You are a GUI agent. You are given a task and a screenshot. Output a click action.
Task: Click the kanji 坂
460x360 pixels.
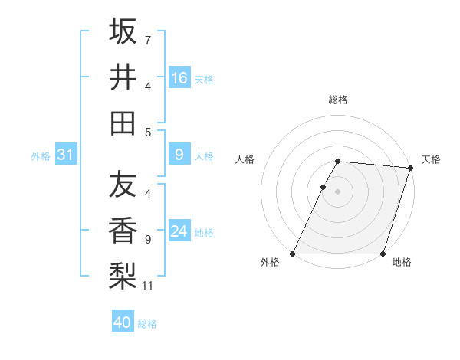click(x=123, y=31)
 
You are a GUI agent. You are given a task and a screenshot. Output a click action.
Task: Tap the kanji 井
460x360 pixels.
click(x=123, y=77)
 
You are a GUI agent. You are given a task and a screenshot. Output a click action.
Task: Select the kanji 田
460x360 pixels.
click(x=123, y=123)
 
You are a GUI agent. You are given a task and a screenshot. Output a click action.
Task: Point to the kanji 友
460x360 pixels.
click(x=123, y=185)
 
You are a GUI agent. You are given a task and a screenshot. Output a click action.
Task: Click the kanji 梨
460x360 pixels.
click(x=123, y=276)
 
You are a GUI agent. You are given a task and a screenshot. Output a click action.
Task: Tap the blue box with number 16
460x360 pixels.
click(x=179, y=78)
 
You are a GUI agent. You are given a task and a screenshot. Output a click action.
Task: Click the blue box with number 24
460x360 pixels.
click(x=179, y=232)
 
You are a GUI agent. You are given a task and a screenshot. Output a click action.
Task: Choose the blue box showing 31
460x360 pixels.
click(x=66, y=155)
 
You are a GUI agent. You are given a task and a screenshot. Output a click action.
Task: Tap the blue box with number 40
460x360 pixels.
click(x=123, y=323)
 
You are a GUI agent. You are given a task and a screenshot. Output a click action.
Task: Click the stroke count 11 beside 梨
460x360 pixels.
click(x=148, y=286)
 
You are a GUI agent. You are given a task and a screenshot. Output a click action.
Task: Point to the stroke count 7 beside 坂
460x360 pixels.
click(x=148, y=40)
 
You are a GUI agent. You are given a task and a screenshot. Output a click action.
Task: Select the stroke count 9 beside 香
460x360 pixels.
click(x=148, y=240)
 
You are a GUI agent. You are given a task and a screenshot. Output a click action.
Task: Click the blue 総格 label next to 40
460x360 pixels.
click(x=147, y=324)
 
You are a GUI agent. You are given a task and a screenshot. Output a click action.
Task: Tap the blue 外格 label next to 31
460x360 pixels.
click(x=41, y=156)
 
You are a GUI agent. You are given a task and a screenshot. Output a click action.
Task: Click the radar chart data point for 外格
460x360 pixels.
click(x=293, y=254)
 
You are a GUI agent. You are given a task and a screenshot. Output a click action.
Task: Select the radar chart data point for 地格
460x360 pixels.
click(x=383, y=254)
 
